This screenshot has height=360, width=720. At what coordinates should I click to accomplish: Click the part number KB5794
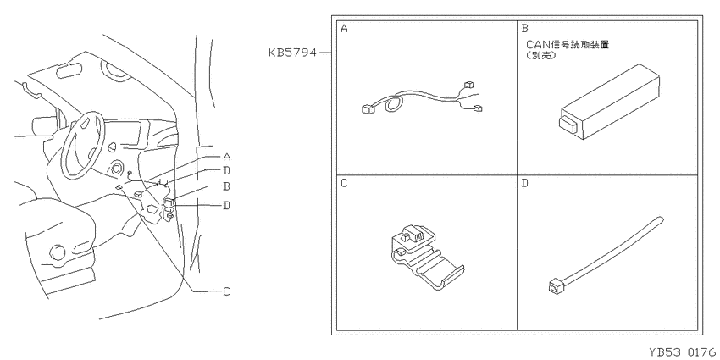[292, 53]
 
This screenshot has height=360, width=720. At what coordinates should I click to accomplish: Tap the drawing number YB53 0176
[683, 352]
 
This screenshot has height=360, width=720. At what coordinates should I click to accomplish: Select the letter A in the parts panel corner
[345, 29]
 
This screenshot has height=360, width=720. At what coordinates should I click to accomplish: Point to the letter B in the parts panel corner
[525, 29]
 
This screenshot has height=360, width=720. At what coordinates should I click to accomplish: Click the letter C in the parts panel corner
[345, 184]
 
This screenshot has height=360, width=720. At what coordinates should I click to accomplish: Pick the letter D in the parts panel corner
[525, 184]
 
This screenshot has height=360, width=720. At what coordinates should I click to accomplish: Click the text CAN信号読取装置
[567, 45]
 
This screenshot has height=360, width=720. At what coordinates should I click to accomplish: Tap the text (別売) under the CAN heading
[541, 56]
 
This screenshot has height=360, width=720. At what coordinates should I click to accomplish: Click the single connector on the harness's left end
[368, 108]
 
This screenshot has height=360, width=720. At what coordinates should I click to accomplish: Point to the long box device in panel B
[609, 101]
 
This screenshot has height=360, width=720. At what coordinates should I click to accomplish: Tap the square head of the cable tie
[555, 287]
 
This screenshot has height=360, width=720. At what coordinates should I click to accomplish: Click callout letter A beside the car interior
[226, 158]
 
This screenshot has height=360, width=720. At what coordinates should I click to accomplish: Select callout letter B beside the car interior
[226, 187]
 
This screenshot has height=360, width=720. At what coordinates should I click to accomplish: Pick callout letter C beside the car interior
[226, 291]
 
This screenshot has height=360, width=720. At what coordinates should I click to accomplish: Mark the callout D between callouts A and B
[226, 171]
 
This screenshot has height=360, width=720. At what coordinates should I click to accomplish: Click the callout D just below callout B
[226, 205]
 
